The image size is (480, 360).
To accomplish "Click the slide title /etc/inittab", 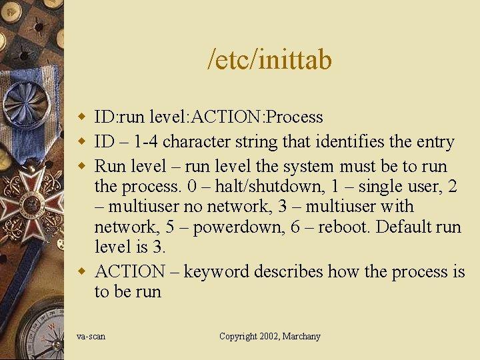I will (270, 61).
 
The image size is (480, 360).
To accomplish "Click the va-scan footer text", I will (91, 337).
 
